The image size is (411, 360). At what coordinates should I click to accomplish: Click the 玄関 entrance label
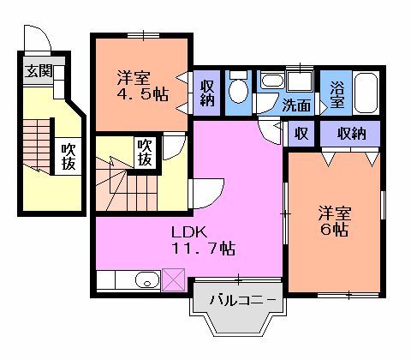coord(39,71)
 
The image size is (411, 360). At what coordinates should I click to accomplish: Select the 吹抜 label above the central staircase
coord(146,153)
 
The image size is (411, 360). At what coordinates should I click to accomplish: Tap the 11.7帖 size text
coord(203,249)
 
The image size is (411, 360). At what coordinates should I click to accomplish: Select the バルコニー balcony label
coord(244,302)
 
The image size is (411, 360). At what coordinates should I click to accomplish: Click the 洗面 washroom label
coord(297,106)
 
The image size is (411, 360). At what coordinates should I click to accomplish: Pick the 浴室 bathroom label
coord(337,94)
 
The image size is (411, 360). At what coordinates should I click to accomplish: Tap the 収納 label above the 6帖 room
coord(351,133)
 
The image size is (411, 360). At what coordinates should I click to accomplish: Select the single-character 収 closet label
coord(301,133)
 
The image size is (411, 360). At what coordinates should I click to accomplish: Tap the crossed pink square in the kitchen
coord(173,279)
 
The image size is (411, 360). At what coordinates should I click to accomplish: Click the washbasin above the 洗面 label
coord(272,82)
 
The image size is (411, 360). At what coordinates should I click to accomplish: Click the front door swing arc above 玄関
coord(39,40)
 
